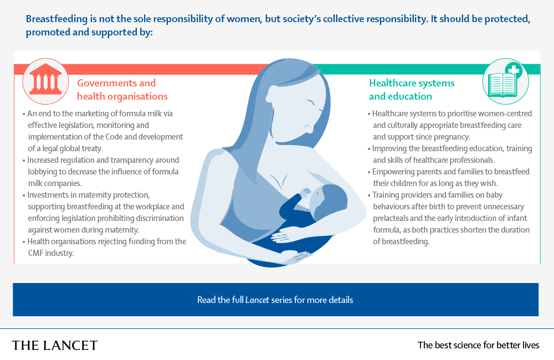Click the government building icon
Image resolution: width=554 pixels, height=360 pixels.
[x=45, y=81]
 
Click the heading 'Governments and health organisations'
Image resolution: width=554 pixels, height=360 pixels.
[x=122, y=89]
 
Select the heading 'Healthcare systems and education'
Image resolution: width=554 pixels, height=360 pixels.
[x=412, y=89]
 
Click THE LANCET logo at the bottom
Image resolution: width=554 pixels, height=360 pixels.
[x=55, y=345]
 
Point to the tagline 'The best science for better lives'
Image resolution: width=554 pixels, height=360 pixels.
[x=478, y=345]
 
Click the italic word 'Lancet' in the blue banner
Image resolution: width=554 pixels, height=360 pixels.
[x=257, y=300]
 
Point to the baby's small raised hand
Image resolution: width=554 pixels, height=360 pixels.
[x=304, y=192]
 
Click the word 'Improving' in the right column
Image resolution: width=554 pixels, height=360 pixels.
[x=391, y=148]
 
